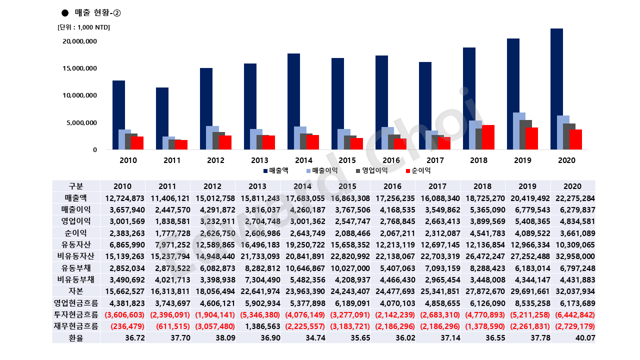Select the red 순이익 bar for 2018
coord(488,137)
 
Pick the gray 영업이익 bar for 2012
coord(218,140)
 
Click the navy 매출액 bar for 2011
coord(162,118)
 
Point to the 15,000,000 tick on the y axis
coord(79,68)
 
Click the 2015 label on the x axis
coord(347,160)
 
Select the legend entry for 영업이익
coord(372,170)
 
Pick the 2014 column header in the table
coord(302,186)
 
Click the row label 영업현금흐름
coord(76,303)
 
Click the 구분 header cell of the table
coord(76,186)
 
